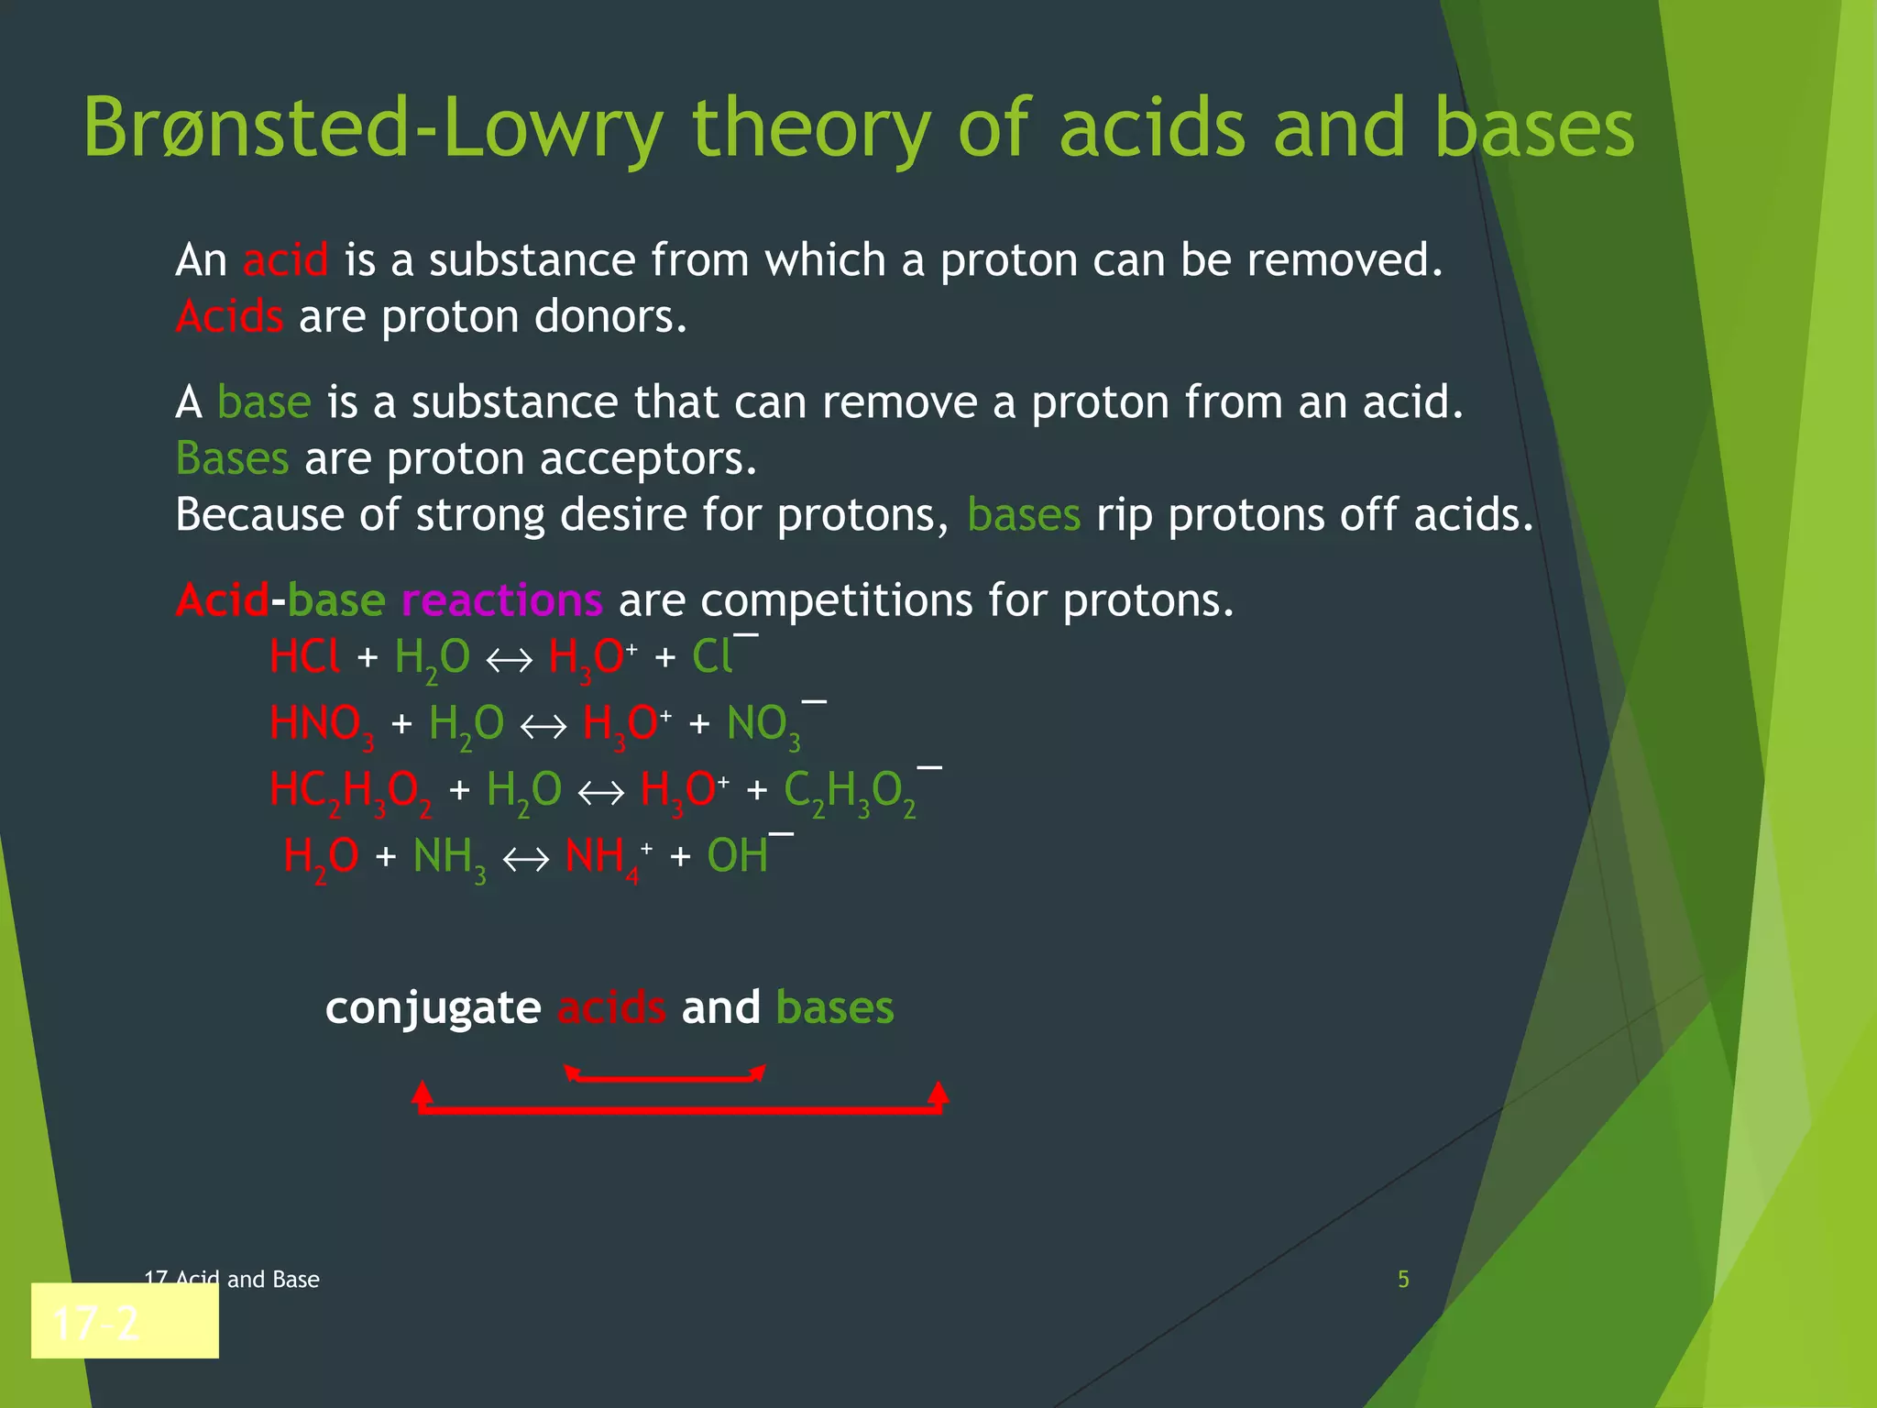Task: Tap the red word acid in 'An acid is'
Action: (x=285, y=260)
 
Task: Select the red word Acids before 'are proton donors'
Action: (x=229, y=317)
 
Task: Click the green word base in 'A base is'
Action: (x=264, y=402)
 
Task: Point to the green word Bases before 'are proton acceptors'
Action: (x=232, y=458)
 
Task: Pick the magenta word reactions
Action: (x=501, y=600)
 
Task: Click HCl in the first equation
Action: (x=304, y=657)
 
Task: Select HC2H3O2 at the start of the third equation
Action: (x=350, y=790)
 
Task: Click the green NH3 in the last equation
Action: (x=448, y=858)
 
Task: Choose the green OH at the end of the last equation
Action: (x=738, y=856)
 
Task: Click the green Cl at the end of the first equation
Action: (x=712, y=657)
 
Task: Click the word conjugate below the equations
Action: (x=433, y=1008)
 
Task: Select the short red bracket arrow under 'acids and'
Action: (x=664, y=1076)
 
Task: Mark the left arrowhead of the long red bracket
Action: (x=422, y=1093)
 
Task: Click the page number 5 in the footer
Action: (x=1402, y=1279)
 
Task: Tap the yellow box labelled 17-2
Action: (x=125, y=1321)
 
